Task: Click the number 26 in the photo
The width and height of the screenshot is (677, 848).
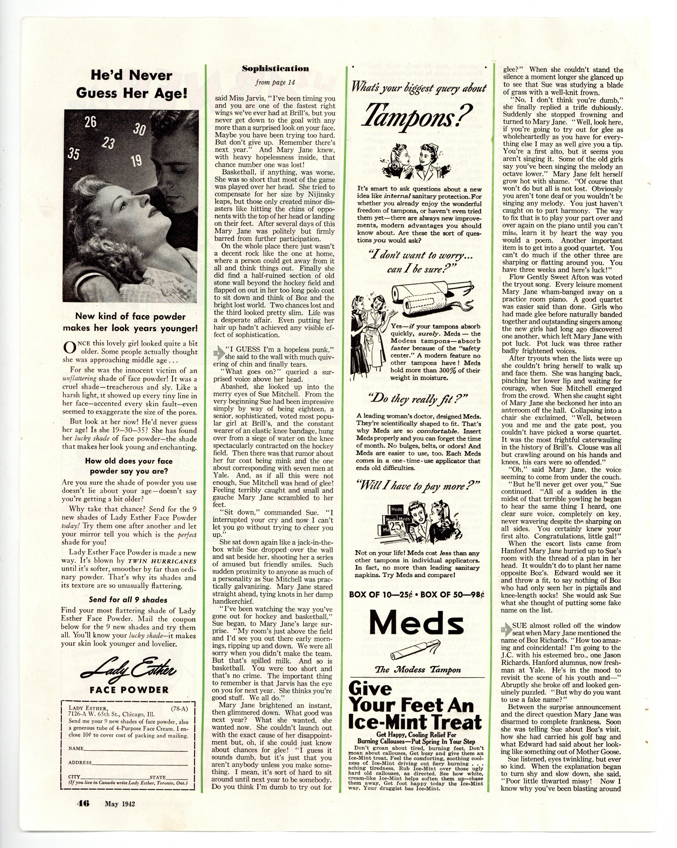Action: click(x=90, y=122)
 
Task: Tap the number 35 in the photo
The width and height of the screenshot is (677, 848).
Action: click(x=73, y=153)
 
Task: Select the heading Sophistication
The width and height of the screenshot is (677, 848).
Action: click(x=275, y=68)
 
